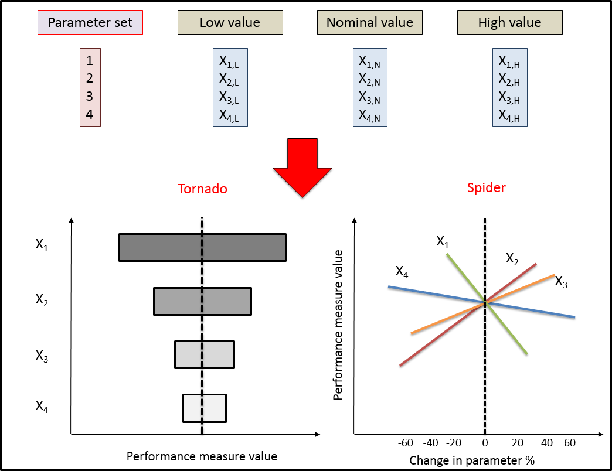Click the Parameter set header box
tap(90, 23)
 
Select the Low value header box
tap(230, 23)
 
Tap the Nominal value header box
tap(369, 23)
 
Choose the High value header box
tap(509, 23)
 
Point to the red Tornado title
tap(203, 189)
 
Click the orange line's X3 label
tap(561, 282)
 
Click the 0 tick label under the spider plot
tap(485, 442)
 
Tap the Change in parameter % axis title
tap(471, 460)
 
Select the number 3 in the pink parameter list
tap(90, 96)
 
